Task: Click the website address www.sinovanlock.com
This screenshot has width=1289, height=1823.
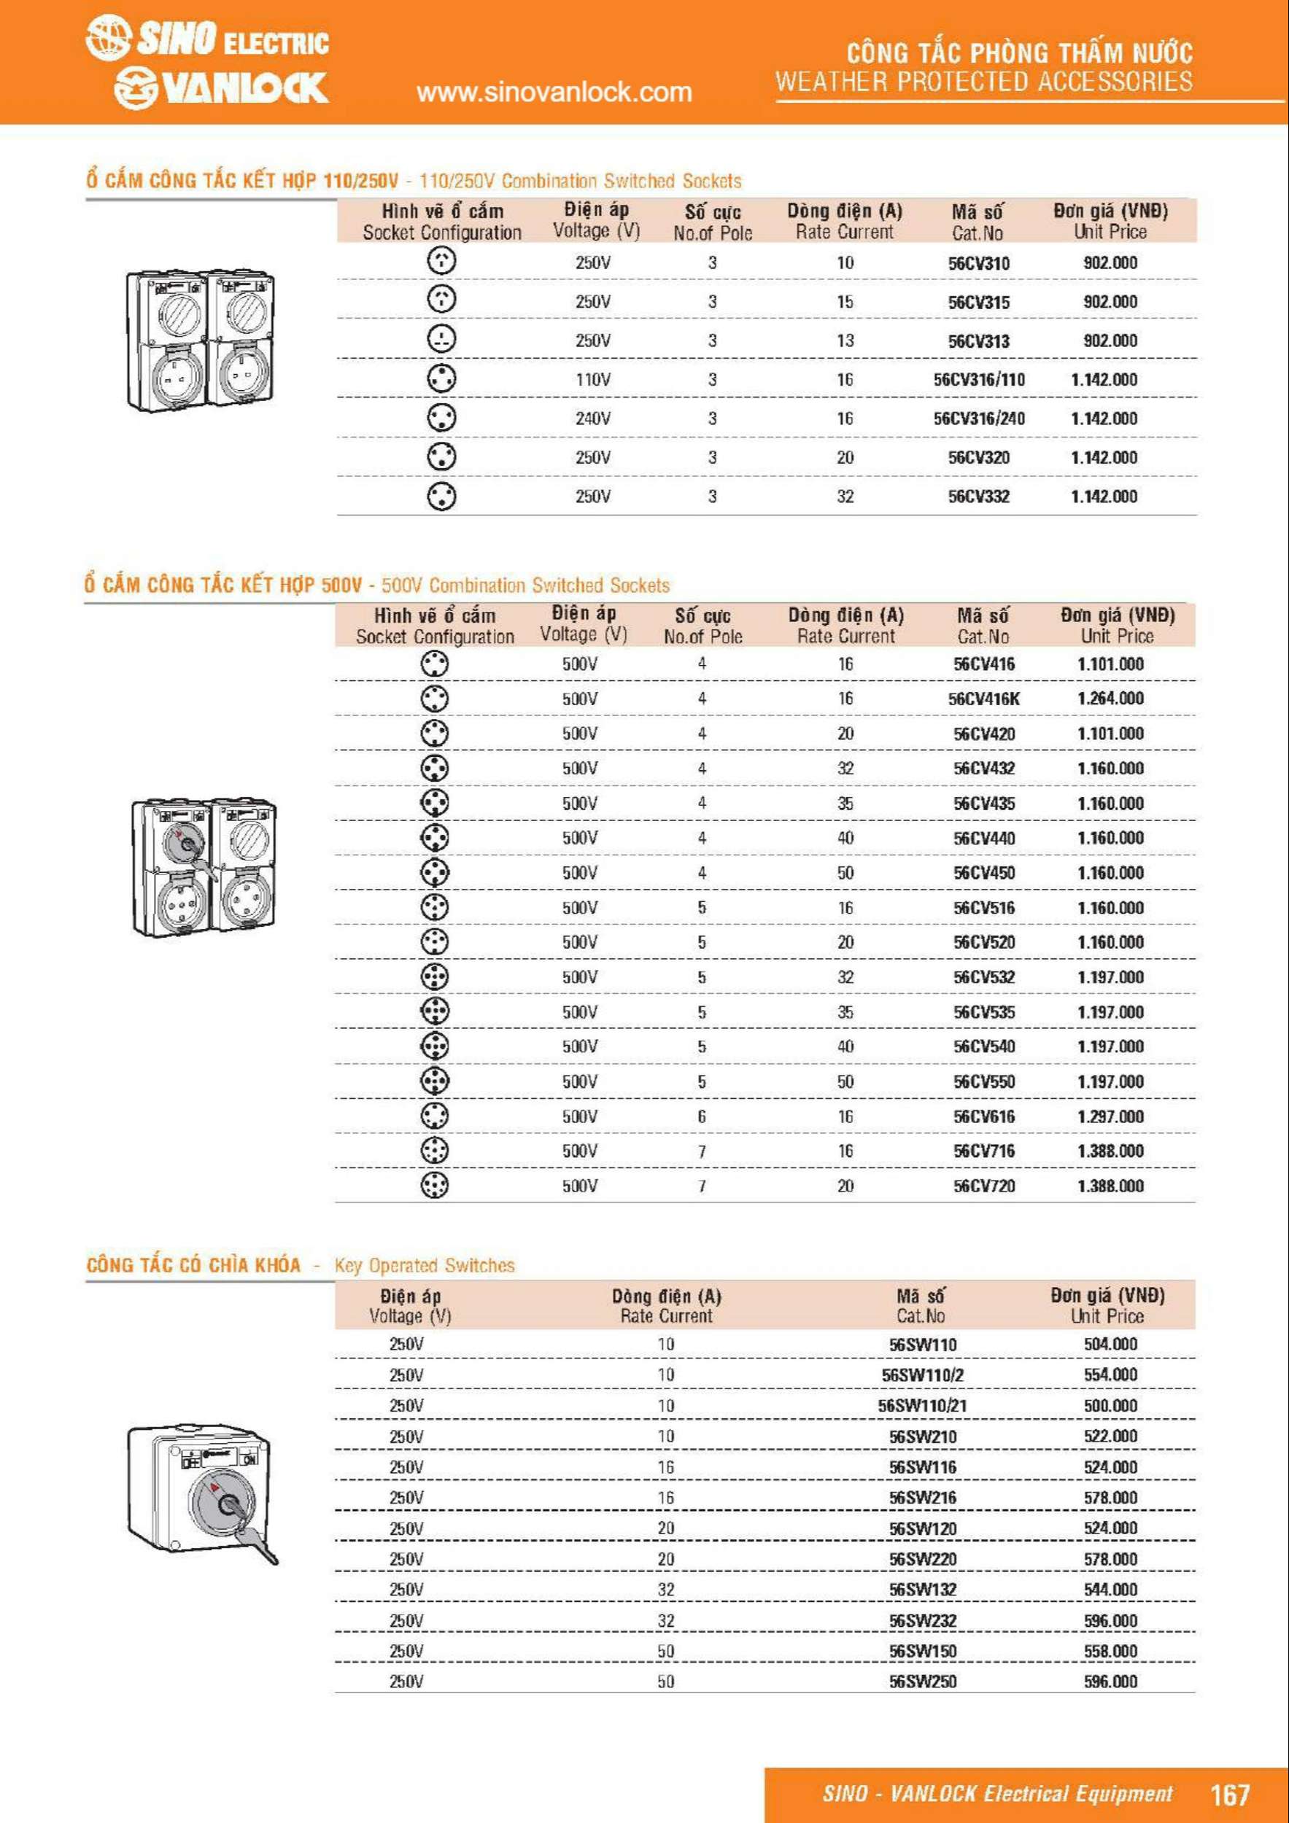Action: point(554,92)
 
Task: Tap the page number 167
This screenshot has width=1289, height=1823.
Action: point(1229,1794)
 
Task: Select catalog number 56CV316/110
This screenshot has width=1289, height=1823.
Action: point(978,379)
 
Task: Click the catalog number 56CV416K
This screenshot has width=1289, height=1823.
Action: point(983,699)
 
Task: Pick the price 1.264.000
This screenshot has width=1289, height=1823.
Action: point(1110,699)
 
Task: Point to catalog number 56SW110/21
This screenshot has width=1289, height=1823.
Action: point(922,1405)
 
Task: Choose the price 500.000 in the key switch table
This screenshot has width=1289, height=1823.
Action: point(1110,1405)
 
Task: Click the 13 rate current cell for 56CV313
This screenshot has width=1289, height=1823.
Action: point(845,341)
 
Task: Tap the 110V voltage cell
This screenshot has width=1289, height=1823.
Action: point(592,379)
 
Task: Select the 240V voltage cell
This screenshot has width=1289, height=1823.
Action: point(592,419)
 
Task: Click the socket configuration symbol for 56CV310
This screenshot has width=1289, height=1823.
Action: point(441,260)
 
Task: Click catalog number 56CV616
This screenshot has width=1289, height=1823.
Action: point(984,1116)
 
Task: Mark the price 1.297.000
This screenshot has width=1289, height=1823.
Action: point(1110,1116)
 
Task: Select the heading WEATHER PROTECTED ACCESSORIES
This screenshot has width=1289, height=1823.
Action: point(983,81)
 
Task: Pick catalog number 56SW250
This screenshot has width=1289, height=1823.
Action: point(922,1681)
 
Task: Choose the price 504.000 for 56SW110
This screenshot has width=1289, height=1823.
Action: point(1110,1344)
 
